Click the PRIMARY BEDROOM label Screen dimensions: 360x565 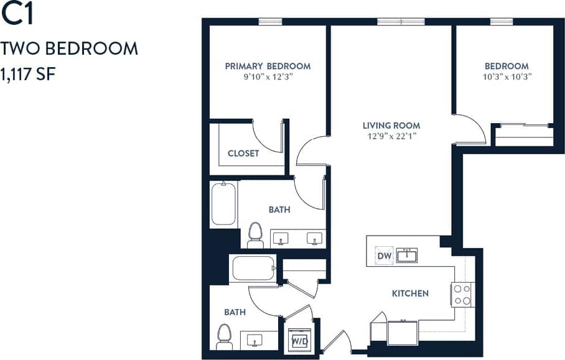click(x=268, y=67)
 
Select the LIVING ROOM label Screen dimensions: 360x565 click(x=391, y=125)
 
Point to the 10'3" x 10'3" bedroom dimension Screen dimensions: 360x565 click(x=507, y=77)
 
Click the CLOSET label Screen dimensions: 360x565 click(x=243, y=153)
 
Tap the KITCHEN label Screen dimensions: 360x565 click(x=410, y=293)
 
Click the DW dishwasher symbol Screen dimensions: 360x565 click(x=383, y=256)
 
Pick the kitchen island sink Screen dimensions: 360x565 click(x=407, y=255)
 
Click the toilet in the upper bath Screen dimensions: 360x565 click(x=254, y=235)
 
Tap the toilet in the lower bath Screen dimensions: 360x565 click(x=224, y=337)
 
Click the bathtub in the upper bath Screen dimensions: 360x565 click(x=223, y=203)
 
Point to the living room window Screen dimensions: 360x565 click(x=400, y=22)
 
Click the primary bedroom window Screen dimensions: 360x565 click(x=271, y=22)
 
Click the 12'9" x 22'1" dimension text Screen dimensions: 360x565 click(x=391, y=136)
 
